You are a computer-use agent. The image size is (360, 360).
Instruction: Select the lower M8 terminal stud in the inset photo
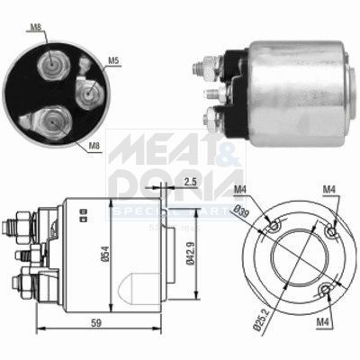[52, 119]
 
